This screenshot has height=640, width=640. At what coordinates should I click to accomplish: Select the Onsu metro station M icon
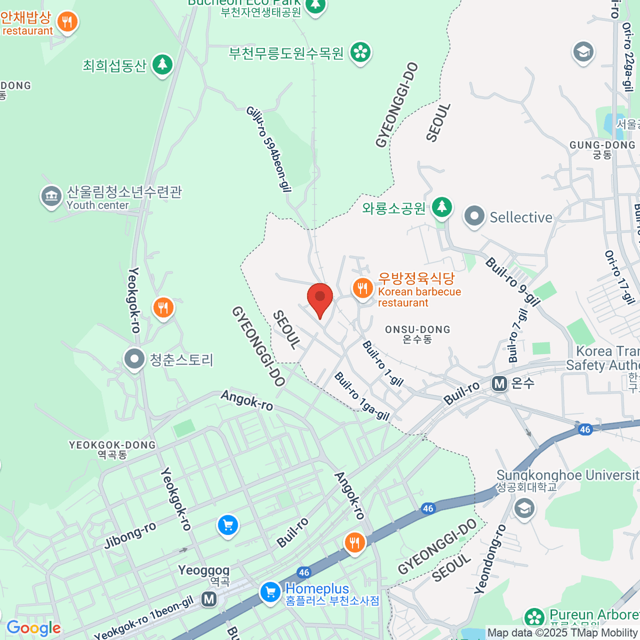click(499, 383)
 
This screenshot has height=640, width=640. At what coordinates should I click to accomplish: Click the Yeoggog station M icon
click(209, 599)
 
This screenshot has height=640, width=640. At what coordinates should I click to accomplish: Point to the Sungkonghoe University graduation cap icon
click(524, 508)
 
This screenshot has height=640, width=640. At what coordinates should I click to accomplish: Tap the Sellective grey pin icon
click(474, 217)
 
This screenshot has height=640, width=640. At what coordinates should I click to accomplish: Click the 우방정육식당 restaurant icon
click(363, 289)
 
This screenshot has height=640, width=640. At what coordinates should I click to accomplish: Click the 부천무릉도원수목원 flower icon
click(361, 52)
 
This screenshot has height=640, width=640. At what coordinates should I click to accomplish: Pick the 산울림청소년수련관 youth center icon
click(51, 196)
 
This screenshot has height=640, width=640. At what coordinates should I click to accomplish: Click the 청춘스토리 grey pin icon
click(134, 359)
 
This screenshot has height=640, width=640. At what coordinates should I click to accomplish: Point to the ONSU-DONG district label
click(418, 334)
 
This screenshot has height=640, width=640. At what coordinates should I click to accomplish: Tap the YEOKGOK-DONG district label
click(112, 449)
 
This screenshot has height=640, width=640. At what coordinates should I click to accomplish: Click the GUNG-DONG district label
click(602, 149)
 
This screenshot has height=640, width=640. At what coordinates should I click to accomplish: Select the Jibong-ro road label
click(130, 535)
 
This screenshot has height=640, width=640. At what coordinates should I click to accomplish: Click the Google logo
click(33, 628)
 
